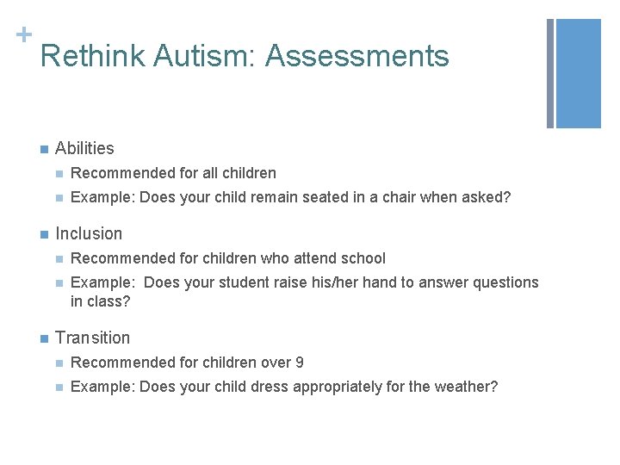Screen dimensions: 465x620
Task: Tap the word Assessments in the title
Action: tap(357, 57)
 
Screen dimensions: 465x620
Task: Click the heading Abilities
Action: tap(84, 148)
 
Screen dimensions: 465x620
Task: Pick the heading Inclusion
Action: tap(89, 233)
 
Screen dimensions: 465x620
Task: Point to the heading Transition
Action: tap(92, 338)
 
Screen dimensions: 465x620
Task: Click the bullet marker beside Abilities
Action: tap(43, 149)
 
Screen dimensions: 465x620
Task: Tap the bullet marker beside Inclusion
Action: tap(43, 234)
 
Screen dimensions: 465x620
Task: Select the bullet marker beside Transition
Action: tap(43, 338)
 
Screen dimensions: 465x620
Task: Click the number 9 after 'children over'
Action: tap(299, 363)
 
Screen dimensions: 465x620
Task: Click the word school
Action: tap(364, 258)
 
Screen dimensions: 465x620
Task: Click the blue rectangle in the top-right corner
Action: tap(578, 73)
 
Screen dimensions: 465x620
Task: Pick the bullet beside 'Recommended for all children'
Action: tap(59, 174)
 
